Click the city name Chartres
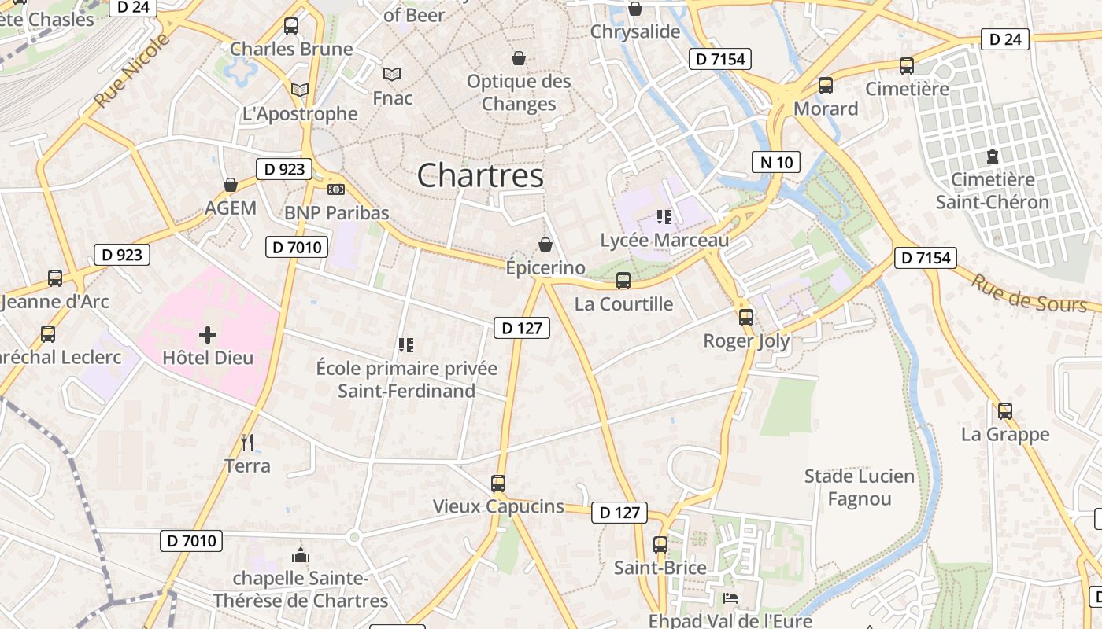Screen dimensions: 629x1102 (x=480, y=175)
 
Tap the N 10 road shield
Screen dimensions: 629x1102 (x=775, y=163)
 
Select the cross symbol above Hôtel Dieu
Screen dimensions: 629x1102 (x=208, y=336)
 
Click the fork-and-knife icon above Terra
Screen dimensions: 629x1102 (x=247, y=443)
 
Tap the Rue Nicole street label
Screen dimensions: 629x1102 (x=131, y=71)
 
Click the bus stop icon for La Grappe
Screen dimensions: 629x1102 (x=1005, y=410)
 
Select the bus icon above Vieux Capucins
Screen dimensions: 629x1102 (x=498, y=484)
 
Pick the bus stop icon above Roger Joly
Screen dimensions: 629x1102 (x=745, y=318)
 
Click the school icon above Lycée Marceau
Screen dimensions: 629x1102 (x=664, y=217)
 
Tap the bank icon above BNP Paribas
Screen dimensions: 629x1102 (x=336, y=189)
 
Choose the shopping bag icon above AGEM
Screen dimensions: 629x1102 (x=231, y=185)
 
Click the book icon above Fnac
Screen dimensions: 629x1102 (x=392, y=75)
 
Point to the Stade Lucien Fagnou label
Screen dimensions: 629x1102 (x=860, y=487)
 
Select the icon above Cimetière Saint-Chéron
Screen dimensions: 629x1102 (x=992, y=156)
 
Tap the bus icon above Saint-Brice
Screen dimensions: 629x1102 (x=660, y=544)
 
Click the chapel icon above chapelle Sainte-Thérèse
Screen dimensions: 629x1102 (x=300, y=556)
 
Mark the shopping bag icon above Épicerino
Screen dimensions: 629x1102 (x=545, y=245)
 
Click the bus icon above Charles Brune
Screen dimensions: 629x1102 (x=291, y=26)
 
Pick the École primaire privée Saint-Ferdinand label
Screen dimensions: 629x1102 (x=406, y=379)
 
